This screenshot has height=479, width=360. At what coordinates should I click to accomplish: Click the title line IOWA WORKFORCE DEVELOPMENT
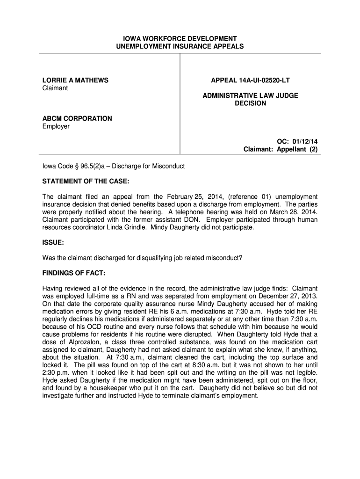coord(180,38)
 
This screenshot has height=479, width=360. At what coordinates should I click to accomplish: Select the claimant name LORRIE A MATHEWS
coord(75,80)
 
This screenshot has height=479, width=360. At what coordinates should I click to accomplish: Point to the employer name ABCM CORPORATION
coord(77,118)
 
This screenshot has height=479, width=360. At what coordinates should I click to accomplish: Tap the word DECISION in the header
coord(250,103)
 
